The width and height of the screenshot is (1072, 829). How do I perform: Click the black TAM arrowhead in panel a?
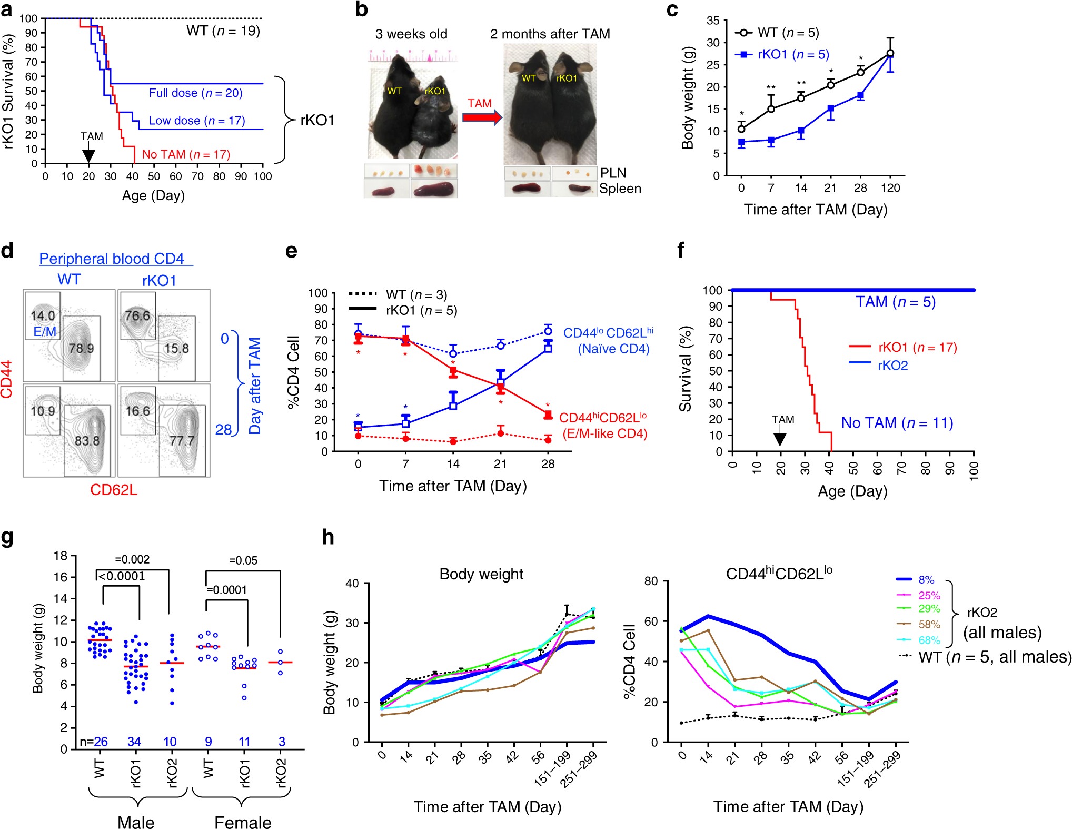pos(88,156)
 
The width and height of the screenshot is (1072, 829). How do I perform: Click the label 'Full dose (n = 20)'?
pos(195,93)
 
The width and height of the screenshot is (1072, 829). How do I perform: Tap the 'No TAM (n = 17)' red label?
pos(186,154)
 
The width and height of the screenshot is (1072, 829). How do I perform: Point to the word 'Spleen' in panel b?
pos(620,189)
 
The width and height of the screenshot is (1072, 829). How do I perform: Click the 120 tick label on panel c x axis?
pos(890,188)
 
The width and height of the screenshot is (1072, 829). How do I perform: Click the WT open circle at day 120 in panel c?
pos(890,53)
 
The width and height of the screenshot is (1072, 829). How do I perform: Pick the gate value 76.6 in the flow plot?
pos(137,315)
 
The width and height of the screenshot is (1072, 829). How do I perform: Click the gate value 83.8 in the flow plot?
pos(87,440)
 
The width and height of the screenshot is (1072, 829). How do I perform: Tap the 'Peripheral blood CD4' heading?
pos(112,259)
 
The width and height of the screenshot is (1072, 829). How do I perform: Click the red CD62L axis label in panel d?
pos(114,490)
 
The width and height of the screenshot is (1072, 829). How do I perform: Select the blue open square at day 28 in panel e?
pos(548,348)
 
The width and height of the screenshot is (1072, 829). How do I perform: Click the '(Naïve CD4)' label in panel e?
pos(613,349)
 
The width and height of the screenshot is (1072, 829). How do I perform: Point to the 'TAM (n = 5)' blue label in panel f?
pos(895,302)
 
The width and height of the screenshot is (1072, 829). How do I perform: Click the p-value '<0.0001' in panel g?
pos(122,576)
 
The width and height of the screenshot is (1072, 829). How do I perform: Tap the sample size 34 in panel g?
pos(134,742)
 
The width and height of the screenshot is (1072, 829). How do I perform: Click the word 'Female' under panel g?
pos(243,822)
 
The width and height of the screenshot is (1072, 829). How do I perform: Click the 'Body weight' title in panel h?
pos(481,574)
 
